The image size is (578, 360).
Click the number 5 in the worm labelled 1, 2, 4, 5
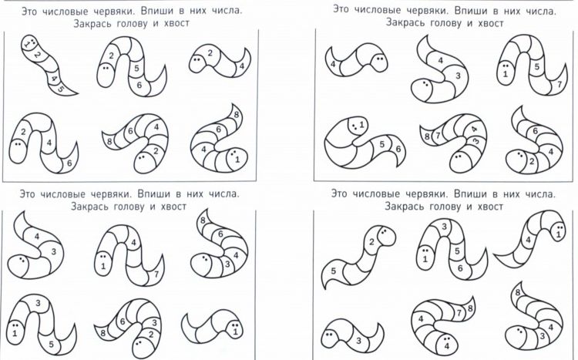point(61,89)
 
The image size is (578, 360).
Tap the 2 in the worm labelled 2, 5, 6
point(111,56)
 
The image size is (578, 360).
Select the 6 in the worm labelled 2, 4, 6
point(69,163)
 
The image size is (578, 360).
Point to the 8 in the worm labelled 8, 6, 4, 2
point(109,141)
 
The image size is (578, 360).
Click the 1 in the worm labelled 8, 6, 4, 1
point(237,160)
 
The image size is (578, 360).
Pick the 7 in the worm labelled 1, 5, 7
point(560,85)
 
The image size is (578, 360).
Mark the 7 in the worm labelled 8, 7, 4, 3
point(438,136)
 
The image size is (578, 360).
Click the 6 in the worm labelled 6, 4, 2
point(535,130)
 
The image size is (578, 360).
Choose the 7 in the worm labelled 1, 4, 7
point(156,274)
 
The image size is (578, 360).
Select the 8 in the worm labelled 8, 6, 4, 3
point(203,221)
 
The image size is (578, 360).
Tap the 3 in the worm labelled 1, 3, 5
point(38,303)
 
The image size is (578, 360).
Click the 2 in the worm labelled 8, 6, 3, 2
point(151,335)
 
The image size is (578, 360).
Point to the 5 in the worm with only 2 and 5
point(333,271)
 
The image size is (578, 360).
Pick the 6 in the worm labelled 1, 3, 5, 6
point(459,268)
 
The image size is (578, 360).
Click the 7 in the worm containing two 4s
point(459,313)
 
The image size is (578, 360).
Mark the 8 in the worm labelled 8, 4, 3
point(518,292)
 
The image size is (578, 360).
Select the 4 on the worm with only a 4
point(333,64)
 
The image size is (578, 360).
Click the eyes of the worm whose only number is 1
point(236,325)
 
